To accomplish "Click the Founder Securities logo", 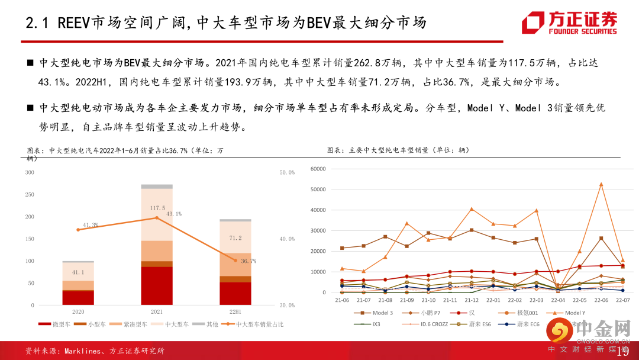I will (x=569, y=23).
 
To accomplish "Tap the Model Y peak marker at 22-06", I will (x=601, y=184).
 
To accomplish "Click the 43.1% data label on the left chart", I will (x=173, y=214).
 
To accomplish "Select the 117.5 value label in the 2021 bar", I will (x=157, y=208).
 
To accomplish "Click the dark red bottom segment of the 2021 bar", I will (x=157, y=285).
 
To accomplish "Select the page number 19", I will (x=622, y=352).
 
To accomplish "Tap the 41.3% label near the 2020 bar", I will (x=91, y=225).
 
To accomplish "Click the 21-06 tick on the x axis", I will (x=342, y=301).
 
